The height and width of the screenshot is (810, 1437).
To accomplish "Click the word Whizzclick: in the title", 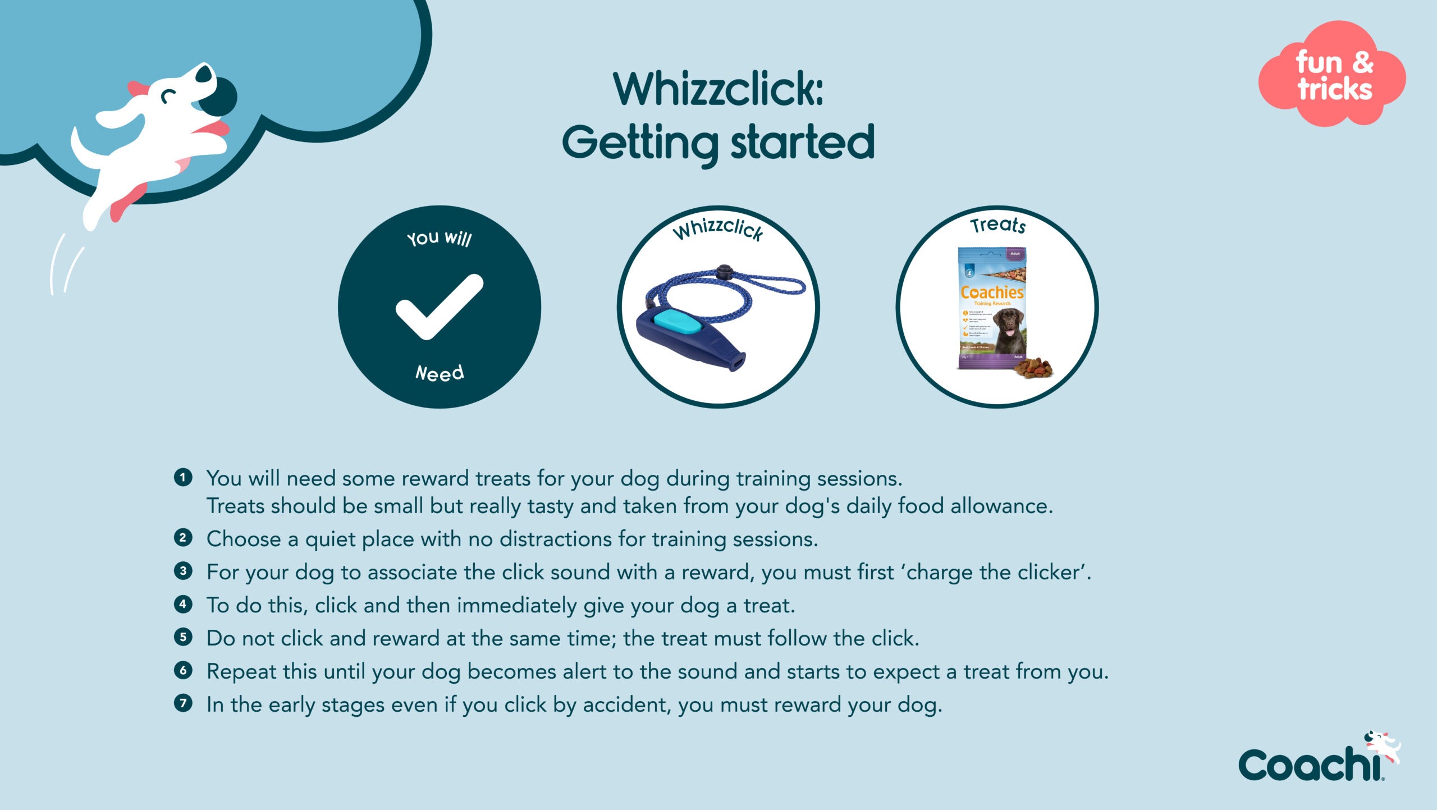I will [718, 90].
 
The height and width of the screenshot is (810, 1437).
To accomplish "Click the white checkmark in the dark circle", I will [439, 306].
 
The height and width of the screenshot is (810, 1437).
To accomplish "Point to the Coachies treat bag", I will [992, 308].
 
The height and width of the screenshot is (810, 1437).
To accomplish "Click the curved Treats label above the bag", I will [997, 225].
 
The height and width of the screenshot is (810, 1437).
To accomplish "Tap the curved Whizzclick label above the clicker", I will [718, 228].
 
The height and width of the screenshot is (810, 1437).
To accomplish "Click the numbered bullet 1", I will [183, 478].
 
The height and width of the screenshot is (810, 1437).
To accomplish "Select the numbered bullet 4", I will [183, 605].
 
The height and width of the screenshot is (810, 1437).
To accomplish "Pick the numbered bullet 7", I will [183, 703].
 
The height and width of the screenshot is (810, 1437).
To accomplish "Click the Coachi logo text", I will [1310, 765].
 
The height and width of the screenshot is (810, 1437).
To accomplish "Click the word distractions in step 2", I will [556, 539].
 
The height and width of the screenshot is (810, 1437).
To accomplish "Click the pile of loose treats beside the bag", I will [1034, 368].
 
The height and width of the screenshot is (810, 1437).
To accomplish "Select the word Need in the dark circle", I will [440, 373].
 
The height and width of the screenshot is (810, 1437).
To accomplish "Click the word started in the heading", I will [802, 143].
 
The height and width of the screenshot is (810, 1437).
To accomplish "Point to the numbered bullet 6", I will [183, 670].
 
